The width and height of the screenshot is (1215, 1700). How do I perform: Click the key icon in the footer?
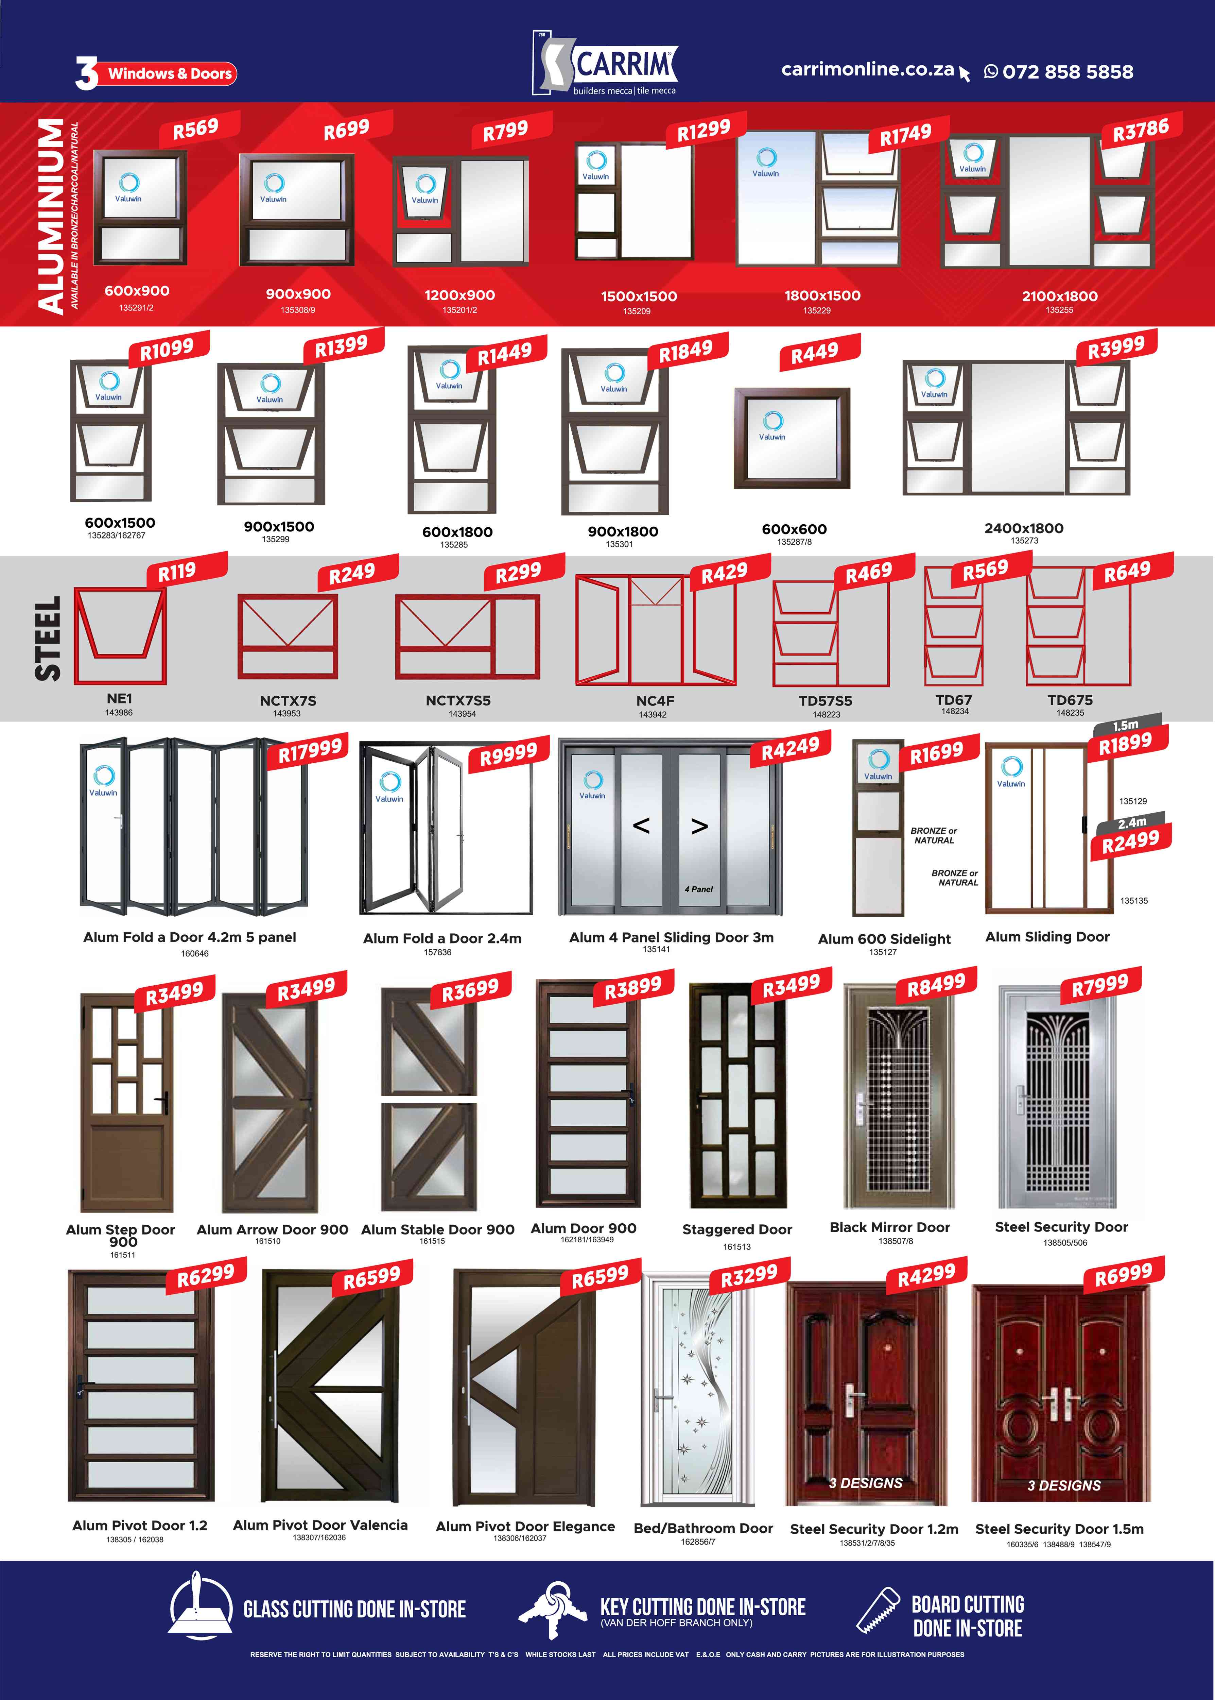[x=554, y=1609]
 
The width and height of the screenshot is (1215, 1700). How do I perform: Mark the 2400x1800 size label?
[x=1023, y=528]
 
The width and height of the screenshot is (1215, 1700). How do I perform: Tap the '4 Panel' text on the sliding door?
[x=699, y=889]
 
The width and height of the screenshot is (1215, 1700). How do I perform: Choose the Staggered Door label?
[x=737, y=1229]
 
